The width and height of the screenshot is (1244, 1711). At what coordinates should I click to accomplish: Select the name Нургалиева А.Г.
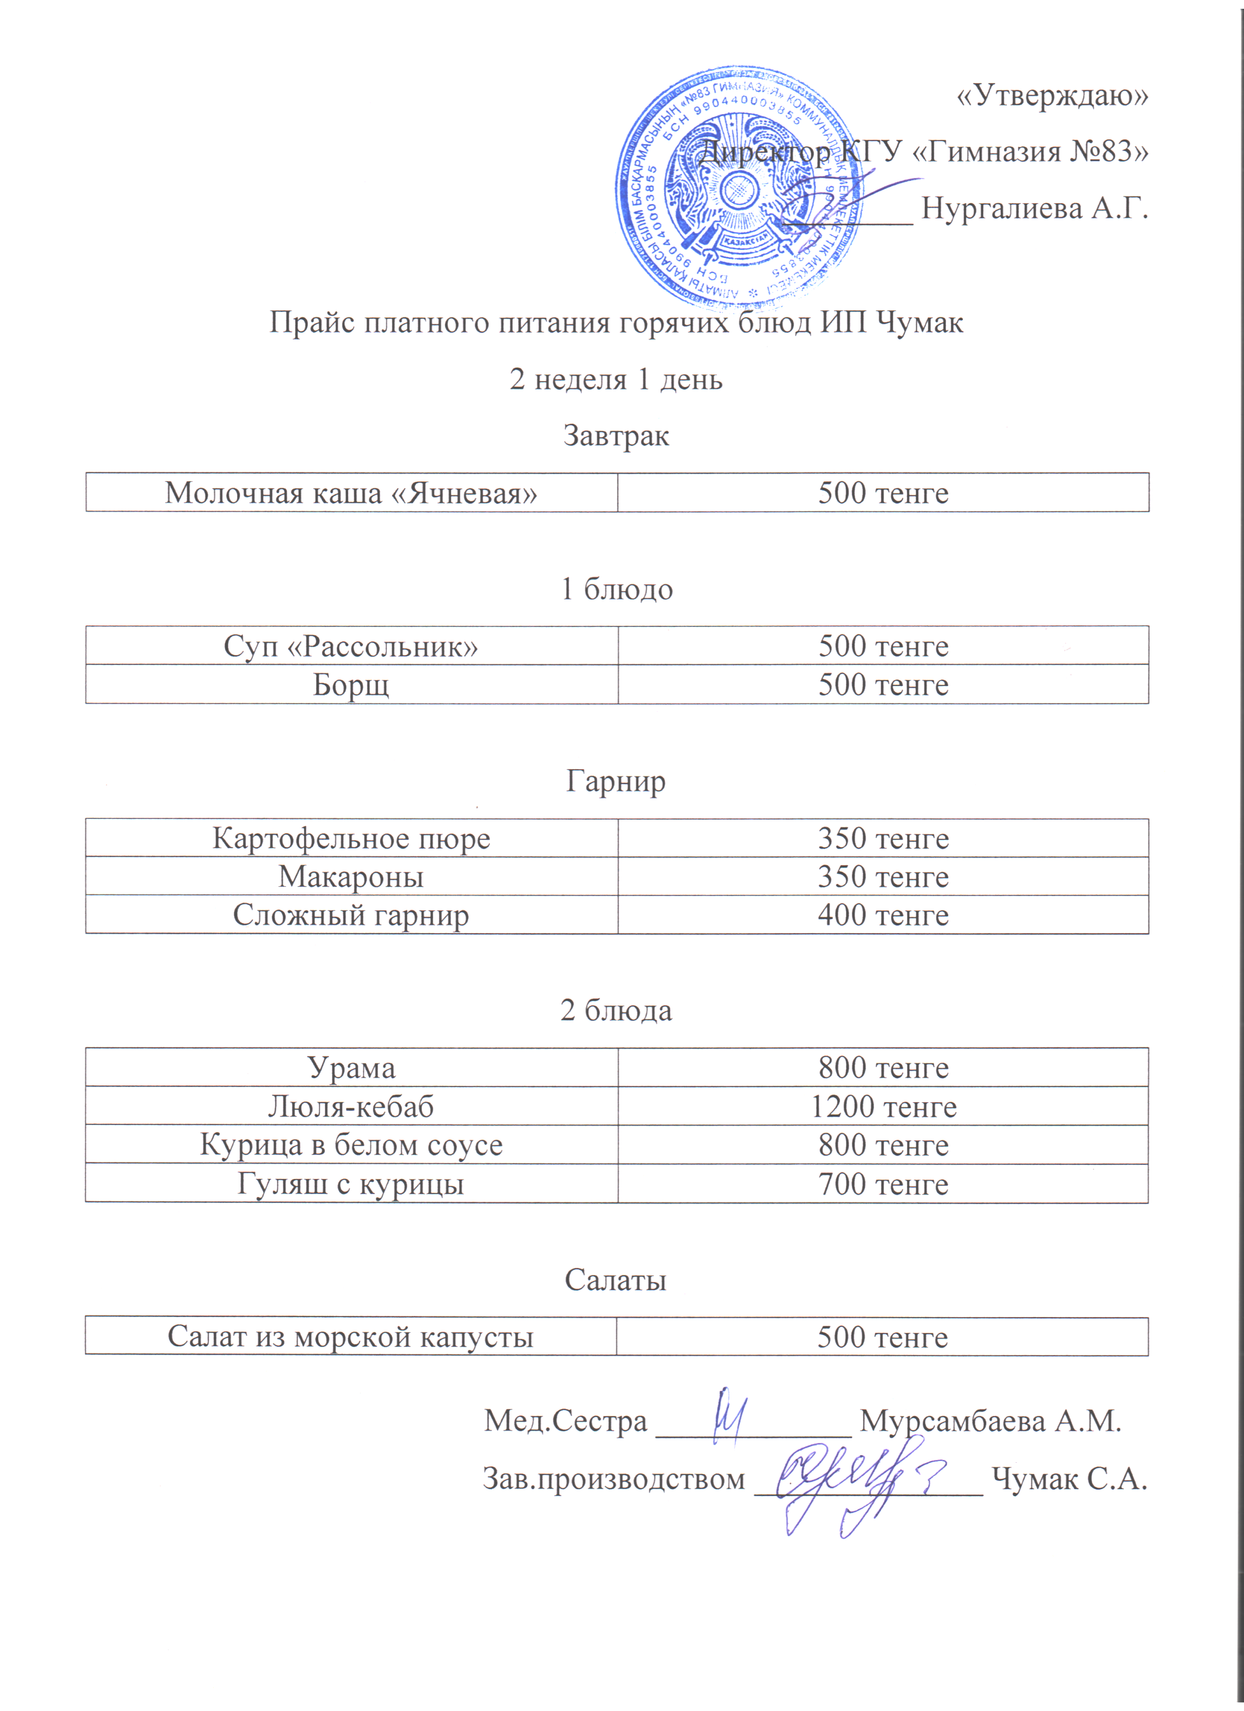pyautogui.click(x=1034, y=207)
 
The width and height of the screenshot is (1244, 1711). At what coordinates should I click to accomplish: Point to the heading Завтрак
pyautogui.click(x=616, y=436)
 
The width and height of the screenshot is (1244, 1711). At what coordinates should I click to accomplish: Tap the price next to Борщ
pyautogui.click(x=883, y=684)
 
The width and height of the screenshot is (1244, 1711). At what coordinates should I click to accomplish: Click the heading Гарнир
pyautogui.click(x=616, y=781)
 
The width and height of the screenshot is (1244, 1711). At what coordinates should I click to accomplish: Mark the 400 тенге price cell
pyautogui.click(x=883, y=915)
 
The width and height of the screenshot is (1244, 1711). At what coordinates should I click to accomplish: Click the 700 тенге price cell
pyautogui.click(x=883, y=1184)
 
